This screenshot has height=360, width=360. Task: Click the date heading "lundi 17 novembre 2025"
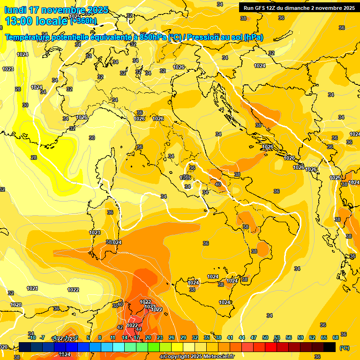point(56,10)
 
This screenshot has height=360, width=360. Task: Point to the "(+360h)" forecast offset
point(83,21)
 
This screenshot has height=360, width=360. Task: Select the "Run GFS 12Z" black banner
point(299,7)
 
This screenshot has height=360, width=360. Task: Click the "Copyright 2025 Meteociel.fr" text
point(199,356)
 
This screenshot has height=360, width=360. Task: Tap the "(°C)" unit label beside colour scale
point(344,347)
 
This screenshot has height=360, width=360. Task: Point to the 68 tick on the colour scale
point(336,337)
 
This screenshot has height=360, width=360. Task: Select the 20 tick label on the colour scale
point(148,337)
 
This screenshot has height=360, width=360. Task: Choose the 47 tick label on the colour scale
point(254,337)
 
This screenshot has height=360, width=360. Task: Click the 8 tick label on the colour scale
point(100,337)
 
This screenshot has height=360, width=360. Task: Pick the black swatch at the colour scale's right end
point(330,347)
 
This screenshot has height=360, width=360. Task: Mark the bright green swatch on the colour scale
point(154,347)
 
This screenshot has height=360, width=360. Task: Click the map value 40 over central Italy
point(217,185)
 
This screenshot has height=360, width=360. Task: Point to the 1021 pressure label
point(32,288)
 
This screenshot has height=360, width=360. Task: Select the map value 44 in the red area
point(138,329)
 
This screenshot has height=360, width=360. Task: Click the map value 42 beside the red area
point(120,327)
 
